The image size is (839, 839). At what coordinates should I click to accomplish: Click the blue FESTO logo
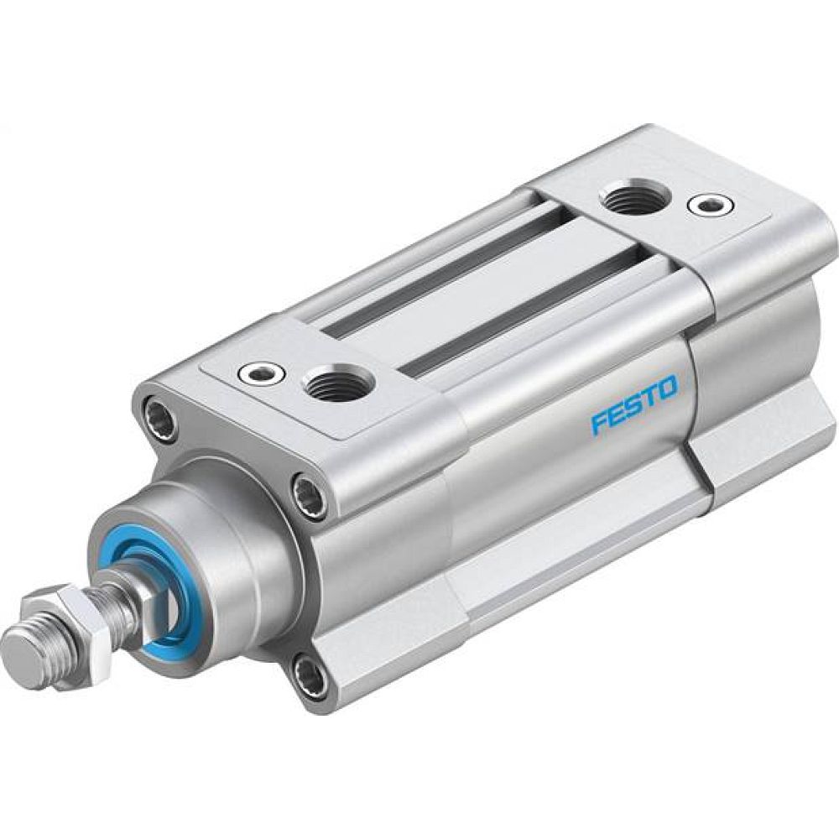point(634,404)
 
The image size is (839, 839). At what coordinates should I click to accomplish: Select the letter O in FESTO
point(666,388)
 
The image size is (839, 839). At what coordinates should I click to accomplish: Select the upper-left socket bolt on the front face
point(159,417)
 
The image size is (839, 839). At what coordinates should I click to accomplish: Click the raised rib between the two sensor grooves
point(478,289)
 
